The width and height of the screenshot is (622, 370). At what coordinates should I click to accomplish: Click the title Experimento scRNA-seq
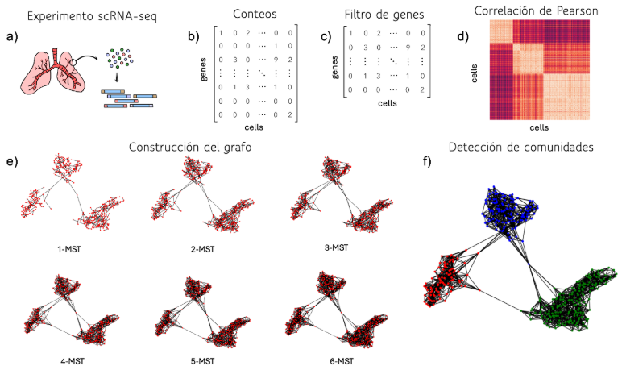[x=92, y=16]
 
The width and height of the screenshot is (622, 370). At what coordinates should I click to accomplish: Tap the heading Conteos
[x=255, y=14]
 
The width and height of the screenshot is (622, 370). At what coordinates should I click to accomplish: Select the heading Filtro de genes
[x=384, y=15]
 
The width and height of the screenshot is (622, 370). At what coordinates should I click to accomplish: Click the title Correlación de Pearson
[x=536, y=10]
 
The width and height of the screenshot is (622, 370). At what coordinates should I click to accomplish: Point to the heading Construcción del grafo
[x=190, y=148]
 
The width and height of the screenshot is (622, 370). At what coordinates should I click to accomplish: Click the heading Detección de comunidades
[x=520, y=148]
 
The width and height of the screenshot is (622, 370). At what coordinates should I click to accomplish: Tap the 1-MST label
[x=68, y=249]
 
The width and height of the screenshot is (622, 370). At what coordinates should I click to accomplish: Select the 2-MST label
[x=202, y=249]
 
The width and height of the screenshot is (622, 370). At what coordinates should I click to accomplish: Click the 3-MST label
[x=336, y=247]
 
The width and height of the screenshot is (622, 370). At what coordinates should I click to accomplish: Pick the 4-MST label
[x=73, y=361]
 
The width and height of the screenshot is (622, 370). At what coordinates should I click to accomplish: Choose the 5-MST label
[x=202, y=361]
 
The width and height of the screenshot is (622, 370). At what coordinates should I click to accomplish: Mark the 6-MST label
[x=341, y=361]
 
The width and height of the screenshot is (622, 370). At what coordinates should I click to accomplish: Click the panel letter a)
[x=12, y=37]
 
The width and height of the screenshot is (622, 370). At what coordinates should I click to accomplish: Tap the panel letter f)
[x=427, y=162]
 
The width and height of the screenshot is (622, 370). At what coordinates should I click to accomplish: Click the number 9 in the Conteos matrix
[x=276, y=60]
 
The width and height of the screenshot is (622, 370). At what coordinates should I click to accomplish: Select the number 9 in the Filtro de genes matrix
[x=408, y=48]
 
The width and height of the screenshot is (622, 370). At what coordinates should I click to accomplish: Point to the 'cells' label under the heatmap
[x=539, y=127]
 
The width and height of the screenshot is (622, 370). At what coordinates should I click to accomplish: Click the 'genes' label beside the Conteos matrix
[x=204, y=69]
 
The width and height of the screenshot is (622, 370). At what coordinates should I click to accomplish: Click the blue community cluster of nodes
[x=508, y=209]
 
